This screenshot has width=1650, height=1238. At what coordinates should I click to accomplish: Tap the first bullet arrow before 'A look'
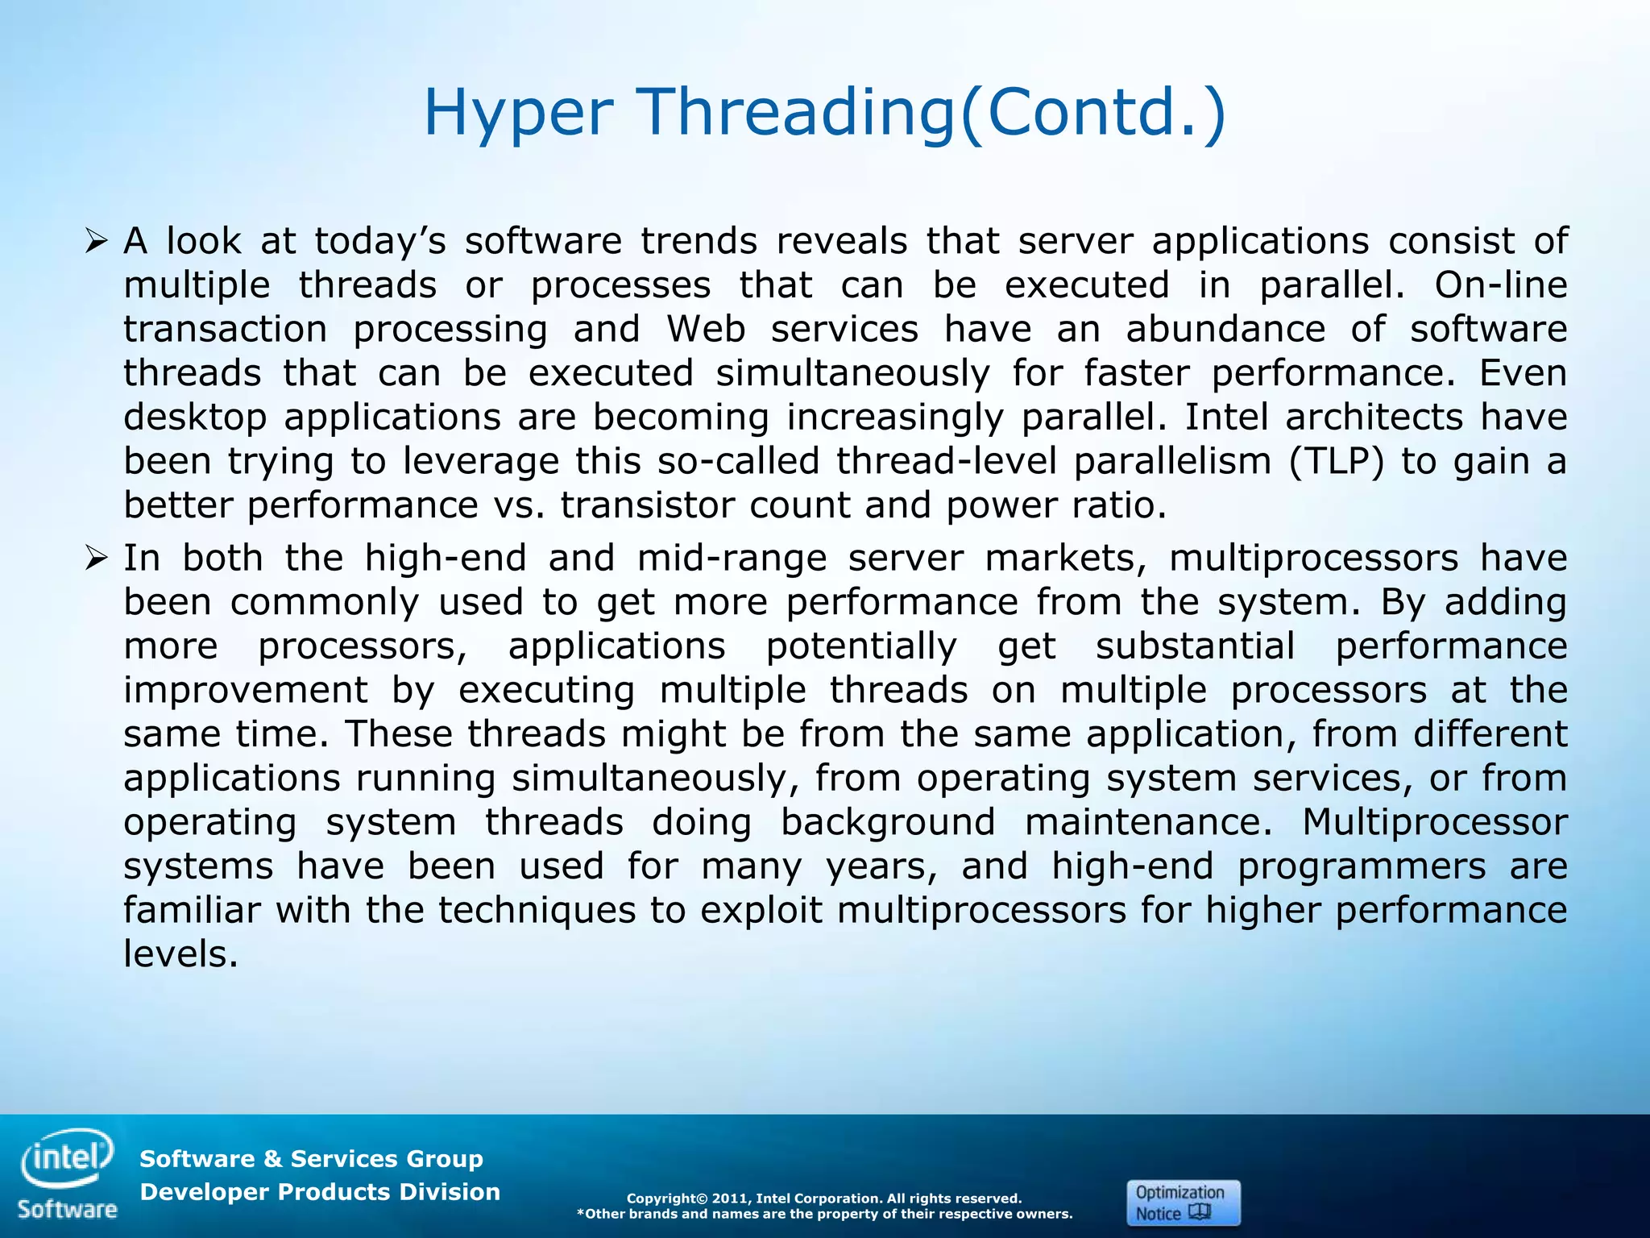point(96,240)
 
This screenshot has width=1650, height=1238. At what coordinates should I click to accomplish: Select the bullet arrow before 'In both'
point(96,557)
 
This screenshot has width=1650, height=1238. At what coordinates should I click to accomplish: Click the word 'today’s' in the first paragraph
point(379,241)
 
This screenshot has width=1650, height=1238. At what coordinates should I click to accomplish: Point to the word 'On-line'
point(1500,285)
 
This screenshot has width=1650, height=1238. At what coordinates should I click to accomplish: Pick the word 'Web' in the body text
point(705,329)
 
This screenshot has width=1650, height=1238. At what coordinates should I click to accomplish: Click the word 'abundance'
point(1225,329)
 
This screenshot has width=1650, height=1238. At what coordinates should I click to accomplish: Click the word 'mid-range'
point(732,558)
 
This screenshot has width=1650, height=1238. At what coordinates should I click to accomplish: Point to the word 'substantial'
point(1195,646)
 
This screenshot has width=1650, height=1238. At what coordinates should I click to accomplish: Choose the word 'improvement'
point(246,690)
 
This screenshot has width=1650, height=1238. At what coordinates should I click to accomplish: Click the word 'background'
point(887,822)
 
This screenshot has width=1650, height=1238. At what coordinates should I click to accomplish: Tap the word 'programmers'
point(1362,866)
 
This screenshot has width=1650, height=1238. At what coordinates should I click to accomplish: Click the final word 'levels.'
point(180,954)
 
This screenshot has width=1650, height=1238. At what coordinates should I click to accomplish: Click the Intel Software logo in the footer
point(68,1174)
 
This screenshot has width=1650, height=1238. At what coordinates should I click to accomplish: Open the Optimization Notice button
point(1183,1203)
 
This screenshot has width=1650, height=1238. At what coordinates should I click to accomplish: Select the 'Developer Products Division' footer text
point(320,1192)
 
